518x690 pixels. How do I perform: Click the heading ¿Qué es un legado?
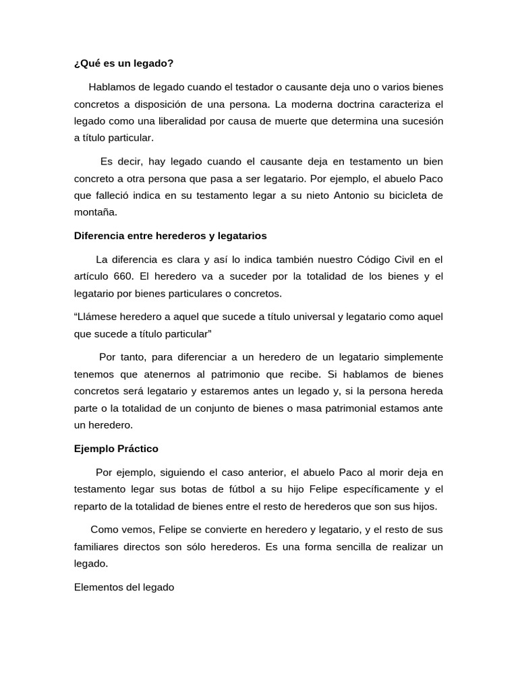click(x=123, y=63)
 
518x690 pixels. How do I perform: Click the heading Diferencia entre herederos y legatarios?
click(x=170, y=236)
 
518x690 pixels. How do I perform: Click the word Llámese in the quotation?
click(x=96, y=317)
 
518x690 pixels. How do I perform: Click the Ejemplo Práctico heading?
click(x=116, y=448)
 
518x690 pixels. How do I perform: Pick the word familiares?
click(x=96, y=546)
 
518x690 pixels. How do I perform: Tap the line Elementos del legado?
click(x=124, y=587)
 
